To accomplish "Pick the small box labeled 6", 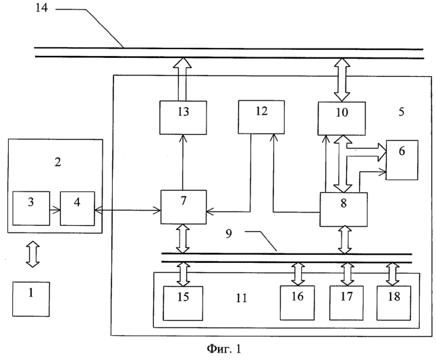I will point(402,160).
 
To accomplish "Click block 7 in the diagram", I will point(184,206).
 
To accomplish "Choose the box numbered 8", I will point(343,209).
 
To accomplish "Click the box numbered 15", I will point(184,301).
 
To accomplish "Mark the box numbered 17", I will point(347,301).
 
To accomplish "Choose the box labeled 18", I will point(393,301).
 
